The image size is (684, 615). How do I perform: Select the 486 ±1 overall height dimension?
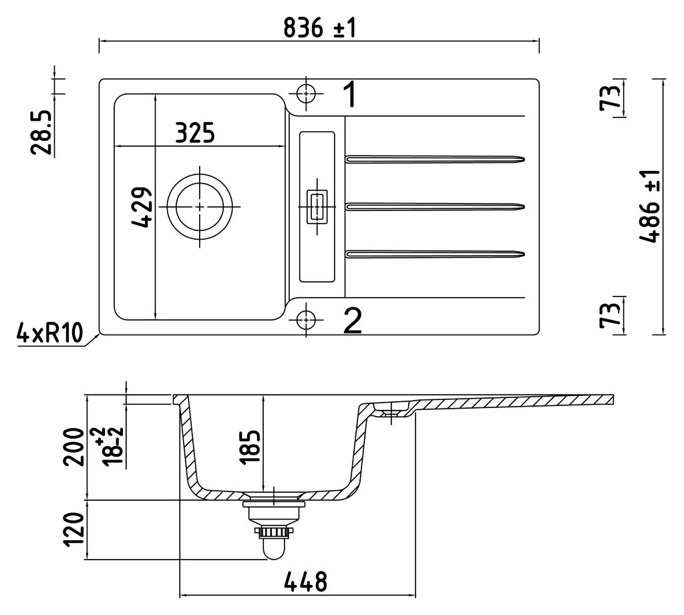point(650,206)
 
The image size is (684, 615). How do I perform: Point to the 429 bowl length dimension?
point(142,208)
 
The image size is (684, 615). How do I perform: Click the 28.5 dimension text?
point(41,133)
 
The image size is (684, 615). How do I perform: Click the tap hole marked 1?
point(305,93)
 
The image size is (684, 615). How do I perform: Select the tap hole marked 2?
point(305,320)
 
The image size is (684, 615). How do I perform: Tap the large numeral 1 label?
point(350,95)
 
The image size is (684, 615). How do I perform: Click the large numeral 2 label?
point(351,321)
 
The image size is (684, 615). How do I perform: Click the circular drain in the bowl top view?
point(200,206)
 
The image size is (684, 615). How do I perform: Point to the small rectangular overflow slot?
point(315,206)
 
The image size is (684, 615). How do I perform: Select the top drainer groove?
point(435,159)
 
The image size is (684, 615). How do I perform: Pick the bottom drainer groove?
point(435,253)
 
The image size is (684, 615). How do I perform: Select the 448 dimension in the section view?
point(305,582)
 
